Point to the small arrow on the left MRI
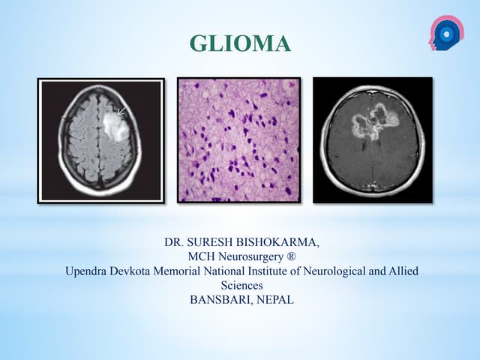click(x=121, y=112)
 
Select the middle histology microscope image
click(x=238, y=140)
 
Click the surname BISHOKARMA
click(x=280, y=244)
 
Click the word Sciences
click(x=241, y=286)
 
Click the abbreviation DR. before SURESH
click(x=175, y=244)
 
